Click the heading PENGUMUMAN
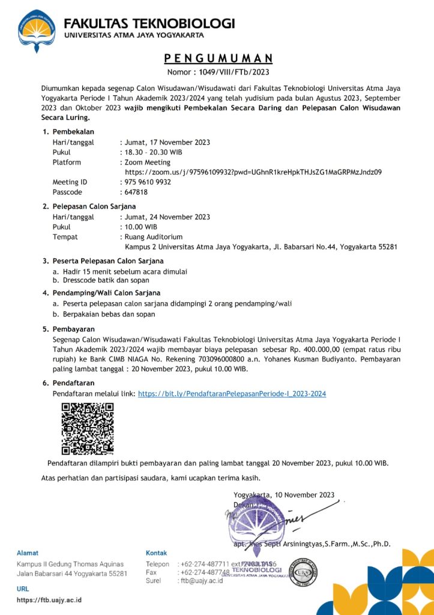tap(219, 58)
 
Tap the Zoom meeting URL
tap(253, 172)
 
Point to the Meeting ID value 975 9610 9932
tap(148, 182)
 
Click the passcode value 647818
tap(136, 192)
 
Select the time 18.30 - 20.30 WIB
tap(153, 152)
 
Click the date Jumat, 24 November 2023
tap(167, 217)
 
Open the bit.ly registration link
tap(232, 394)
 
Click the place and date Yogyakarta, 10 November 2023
tap(284, 495)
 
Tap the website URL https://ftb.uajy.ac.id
tap(49, 600)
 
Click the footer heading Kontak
tap(157, 553)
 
